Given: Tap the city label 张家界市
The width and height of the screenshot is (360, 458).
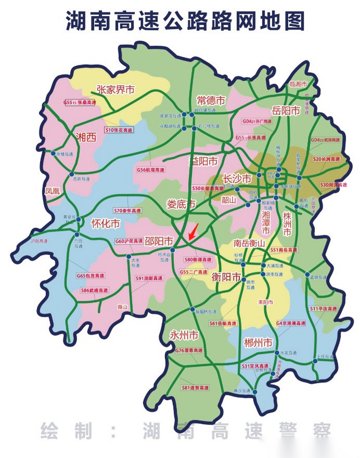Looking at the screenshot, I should pos(116,89).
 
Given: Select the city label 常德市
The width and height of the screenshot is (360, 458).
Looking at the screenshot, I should pos(211,101).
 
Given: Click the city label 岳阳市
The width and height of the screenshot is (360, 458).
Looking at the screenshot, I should pos(286,111).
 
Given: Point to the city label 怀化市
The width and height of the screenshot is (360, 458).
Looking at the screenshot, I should pos(106,224).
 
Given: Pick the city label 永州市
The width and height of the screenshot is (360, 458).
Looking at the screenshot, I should pos(184,335).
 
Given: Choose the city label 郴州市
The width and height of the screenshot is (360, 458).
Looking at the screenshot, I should pos(258,343).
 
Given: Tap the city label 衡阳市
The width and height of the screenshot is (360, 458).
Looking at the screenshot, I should pos(226,277).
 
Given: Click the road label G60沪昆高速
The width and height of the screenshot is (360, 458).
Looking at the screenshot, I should pos(129,241).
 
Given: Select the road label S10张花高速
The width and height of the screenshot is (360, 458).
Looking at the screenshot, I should pos(119,130).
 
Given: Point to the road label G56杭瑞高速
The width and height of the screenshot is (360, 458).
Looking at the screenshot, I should pos(151,170).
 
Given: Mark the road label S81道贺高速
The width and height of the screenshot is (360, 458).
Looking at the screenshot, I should pos(195,388).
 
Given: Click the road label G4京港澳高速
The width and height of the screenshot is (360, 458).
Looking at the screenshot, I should pos(291,323).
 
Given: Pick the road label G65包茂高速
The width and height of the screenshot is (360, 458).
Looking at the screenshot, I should pos(90,276).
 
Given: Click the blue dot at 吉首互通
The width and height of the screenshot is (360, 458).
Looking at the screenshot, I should pos(72,174).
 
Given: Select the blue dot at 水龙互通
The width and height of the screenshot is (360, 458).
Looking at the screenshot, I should pos(277,353).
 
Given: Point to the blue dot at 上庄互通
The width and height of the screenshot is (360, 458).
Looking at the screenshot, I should pos(315,361).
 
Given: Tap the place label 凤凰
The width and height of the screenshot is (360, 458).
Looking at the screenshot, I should pos(52,191).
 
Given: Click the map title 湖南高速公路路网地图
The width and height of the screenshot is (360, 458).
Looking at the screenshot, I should pos(185,21).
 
